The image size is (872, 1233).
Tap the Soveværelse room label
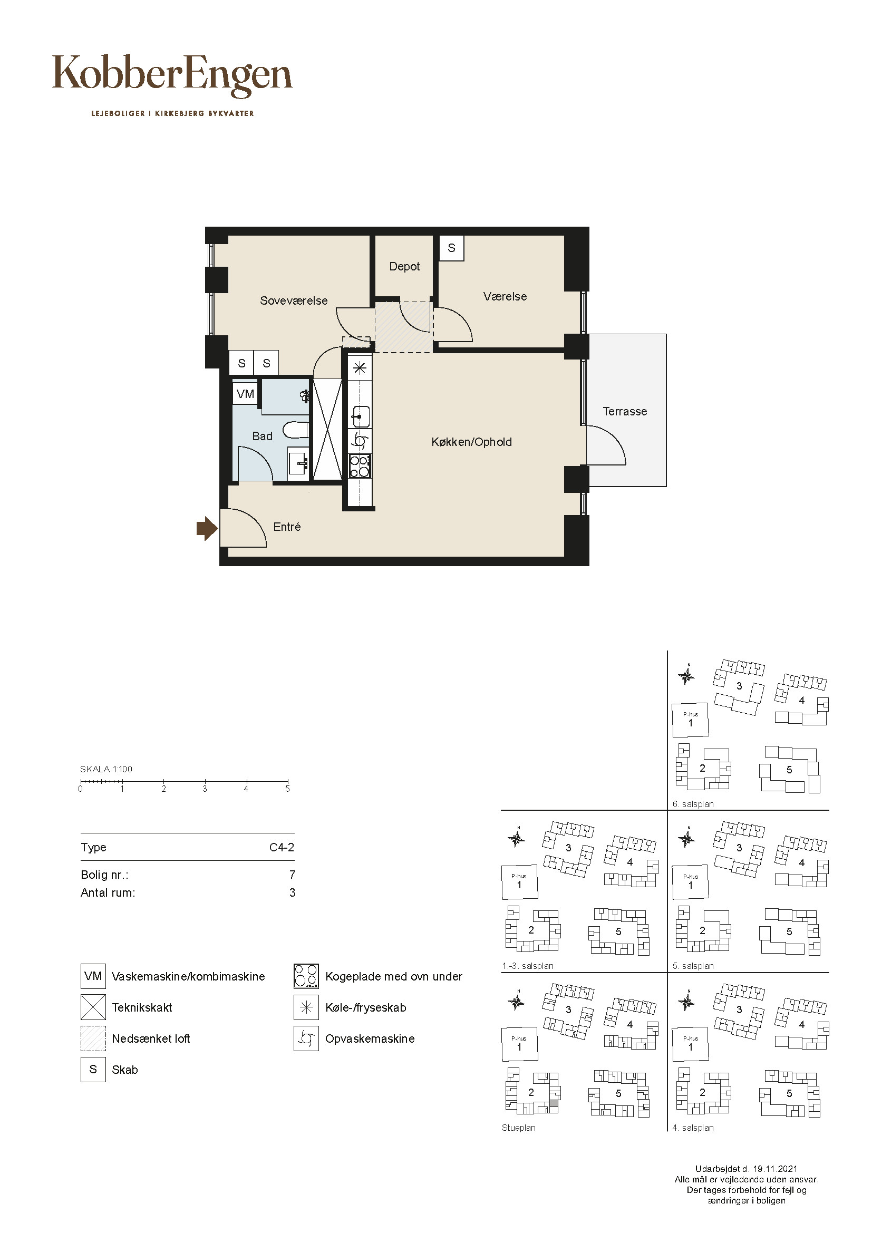pos(294,300)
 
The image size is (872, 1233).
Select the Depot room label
pos(404,266)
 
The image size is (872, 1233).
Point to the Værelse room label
pos(505,296)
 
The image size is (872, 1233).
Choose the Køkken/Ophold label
pos(471,442)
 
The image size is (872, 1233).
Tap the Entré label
pos(287,527)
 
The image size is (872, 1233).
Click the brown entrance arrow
pos(207,529)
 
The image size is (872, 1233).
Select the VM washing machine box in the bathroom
pos(245,394)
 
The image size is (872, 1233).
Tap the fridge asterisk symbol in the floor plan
pos(360,368)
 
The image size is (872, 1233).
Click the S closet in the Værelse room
pos(451,248)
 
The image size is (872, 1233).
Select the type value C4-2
pos(282,848)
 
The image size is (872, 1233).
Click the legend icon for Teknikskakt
pos(93,1007)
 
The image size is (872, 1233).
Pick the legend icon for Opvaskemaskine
pos(306,1038)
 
